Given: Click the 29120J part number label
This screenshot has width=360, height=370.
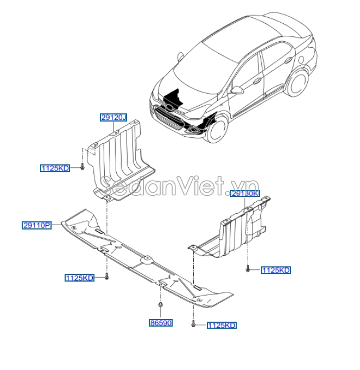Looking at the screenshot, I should coord(113,117).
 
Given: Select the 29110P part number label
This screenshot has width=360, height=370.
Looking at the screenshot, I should coord(36,225).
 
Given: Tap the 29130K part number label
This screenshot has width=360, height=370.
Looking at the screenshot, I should coord(245,194).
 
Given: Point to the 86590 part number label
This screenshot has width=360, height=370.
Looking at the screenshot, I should coord(160,323).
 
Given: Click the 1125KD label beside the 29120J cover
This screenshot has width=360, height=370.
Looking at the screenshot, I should coord(55,168).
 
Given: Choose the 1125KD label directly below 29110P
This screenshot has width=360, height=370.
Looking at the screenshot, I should coord(79,278).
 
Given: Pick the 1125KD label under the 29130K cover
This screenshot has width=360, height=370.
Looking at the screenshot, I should coord(276,270).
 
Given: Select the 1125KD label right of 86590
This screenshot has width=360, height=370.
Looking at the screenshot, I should coord(222,326).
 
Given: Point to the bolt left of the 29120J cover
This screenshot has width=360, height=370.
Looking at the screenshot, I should coord(81,168).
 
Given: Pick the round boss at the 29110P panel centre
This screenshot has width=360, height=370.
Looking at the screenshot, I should coord(146,261).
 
